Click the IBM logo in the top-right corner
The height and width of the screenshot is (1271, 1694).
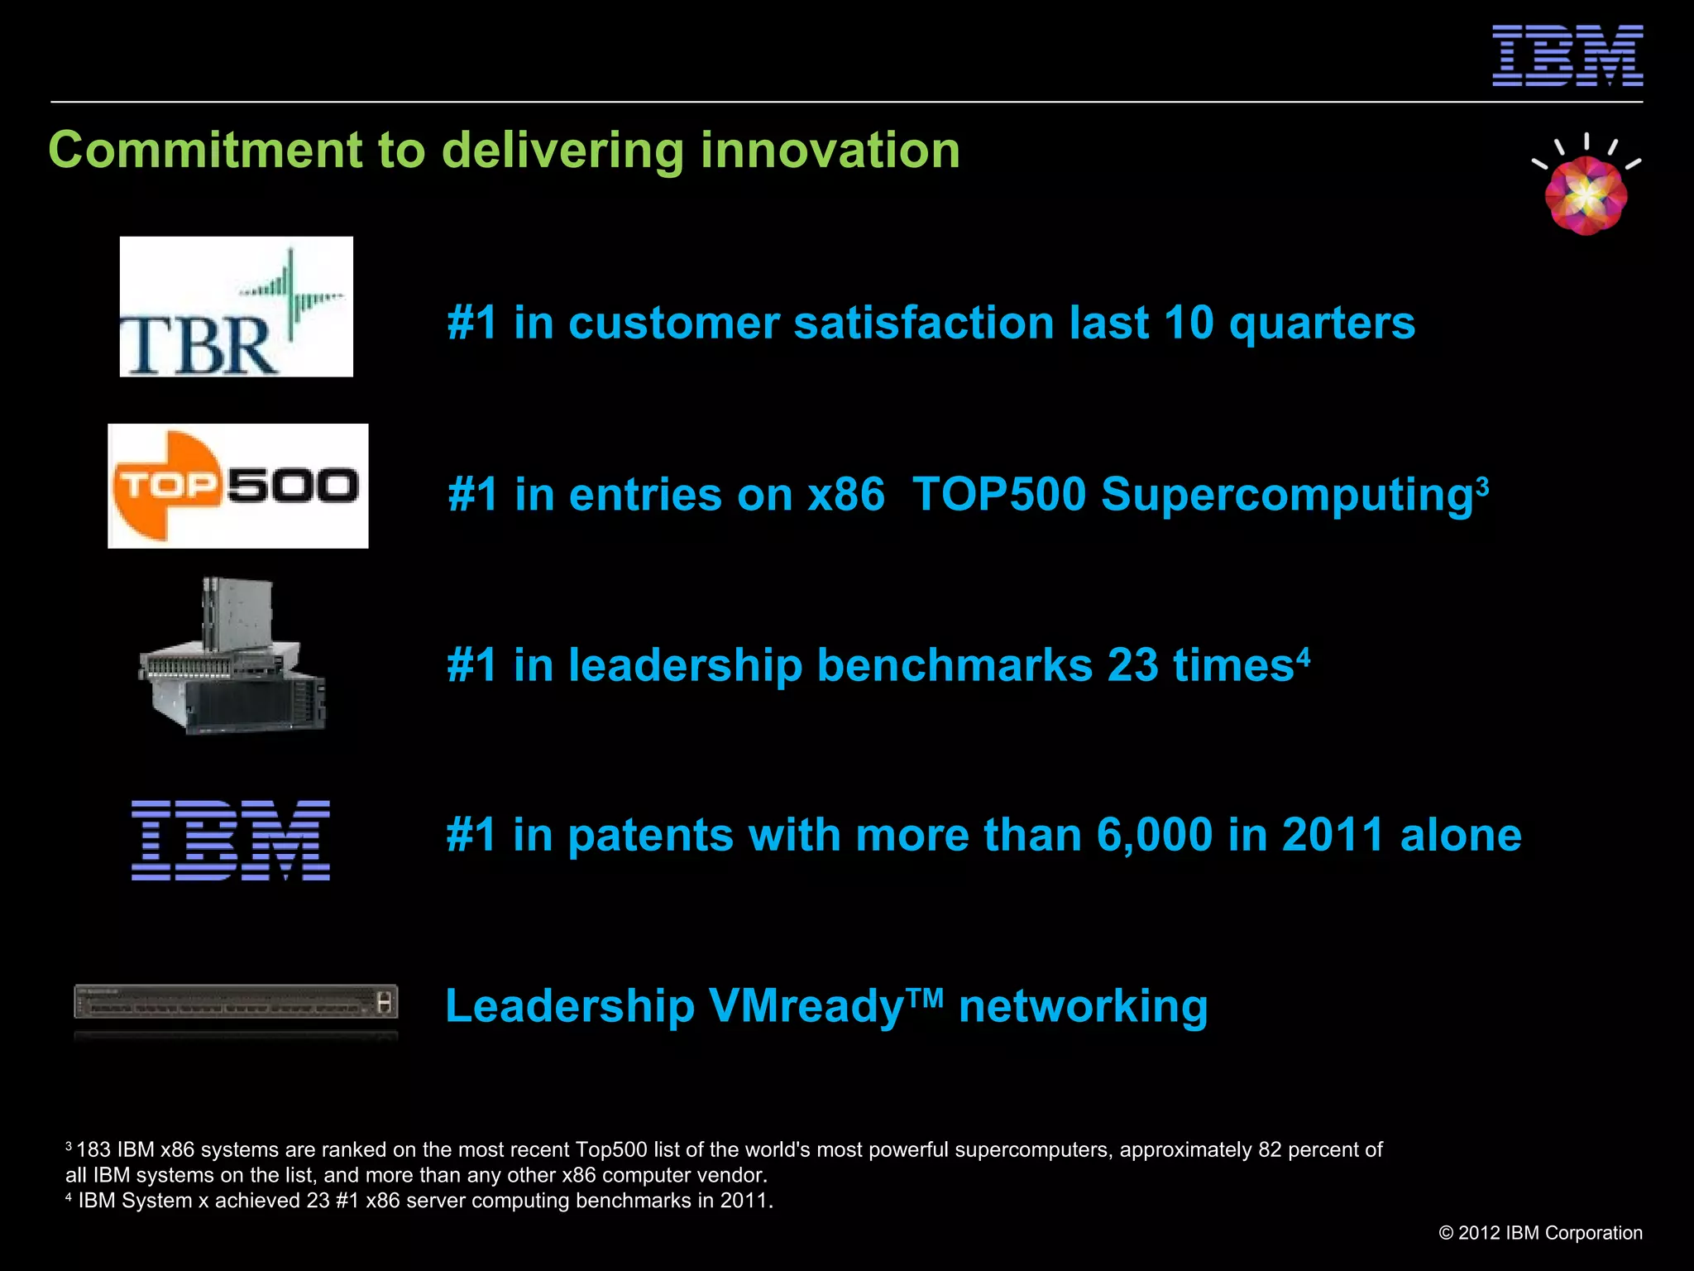1567,55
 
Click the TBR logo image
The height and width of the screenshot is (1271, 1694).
237,307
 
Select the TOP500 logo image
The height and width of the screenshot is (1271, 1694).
238,486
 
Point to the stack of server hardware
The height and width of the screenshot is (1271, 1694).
233,658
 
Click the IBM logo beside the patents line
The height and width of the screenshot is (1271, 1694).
231,840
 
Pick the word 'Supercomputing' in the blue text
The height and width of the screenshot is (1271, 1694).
1286,495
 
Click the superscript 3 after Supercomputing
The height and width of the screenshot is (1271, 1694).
1482,485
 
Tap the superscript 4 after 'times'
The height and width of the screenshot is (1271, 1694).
1303,656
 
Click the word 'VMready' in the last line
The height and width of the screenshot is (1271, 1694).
806,1007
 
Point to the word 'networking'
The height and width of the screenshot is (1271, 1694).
1083,1007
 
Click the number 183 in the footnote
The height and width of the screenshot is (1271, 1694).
93,1149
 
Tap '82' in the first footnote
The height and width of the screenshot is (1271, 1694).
1270,1149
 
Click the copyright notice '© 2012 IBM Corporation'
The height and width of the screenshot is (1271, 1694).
1540,1233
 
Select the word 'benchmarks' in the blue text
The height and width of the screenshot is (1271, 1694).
955,665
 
